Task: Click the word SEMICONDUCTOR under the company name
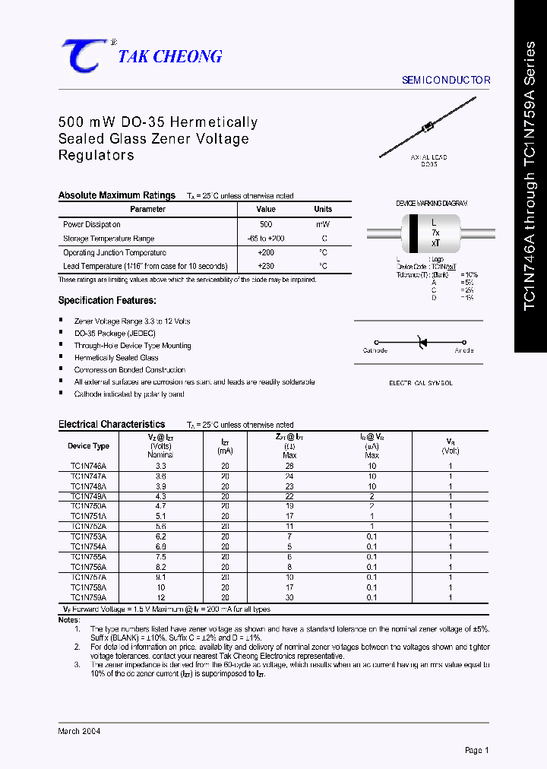tap(446, 80)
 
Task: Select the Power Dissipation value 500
tap(266, 225)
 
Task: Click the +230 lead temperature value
tap(266, 266)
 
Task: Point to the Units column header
tap(323, 209)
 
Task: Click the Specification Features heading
tap(107, 301)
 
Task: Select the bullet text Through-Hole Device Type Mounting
tap(132, 346)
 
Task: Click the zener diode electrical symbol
tap(421, 343)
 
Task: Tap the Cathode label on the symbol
tap(375, 350)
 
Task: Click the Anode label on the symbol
tap(463, 350)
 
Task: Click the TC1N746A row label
tap(89, 466)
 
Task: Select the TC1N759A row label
tap(89, 597)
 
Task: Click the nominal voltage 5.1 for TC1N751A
tap(161, 516)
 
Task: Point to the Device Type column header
tap(89, 446)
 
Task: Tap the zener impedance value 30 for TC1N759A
tap(289, 597)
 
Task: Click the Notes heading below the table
tap(68, 620)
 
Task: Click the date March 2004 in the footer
tap(79, 731)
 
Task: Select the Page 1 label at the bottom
tap(476, 750)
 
